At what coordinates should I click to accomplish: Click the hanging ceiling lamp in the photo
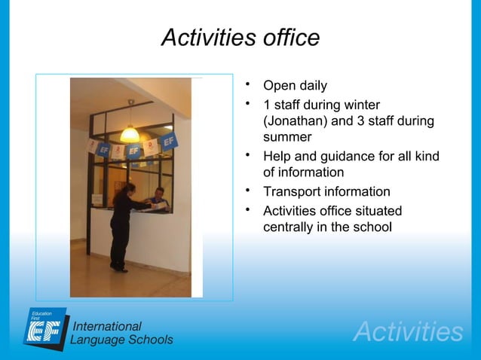130,133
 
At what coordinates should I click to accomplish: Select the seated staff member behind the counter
157,198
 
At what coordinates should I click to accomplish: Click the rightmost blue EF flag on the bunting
170,141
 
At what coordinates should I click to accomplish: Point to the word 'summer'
286,138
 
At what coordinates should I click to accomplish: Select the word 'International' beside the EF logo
106,326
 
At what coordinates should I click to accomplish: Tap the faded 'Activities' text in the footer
408,332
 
